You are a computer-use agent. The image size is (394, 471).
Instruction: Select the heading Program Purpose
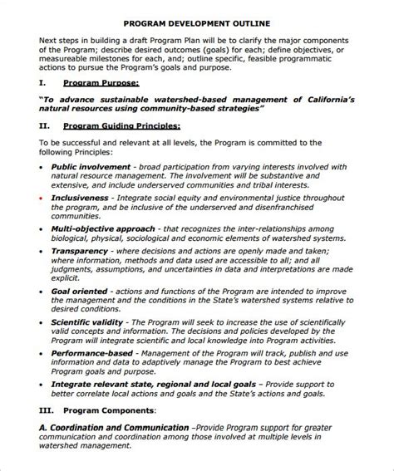[x=101, y=85]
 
